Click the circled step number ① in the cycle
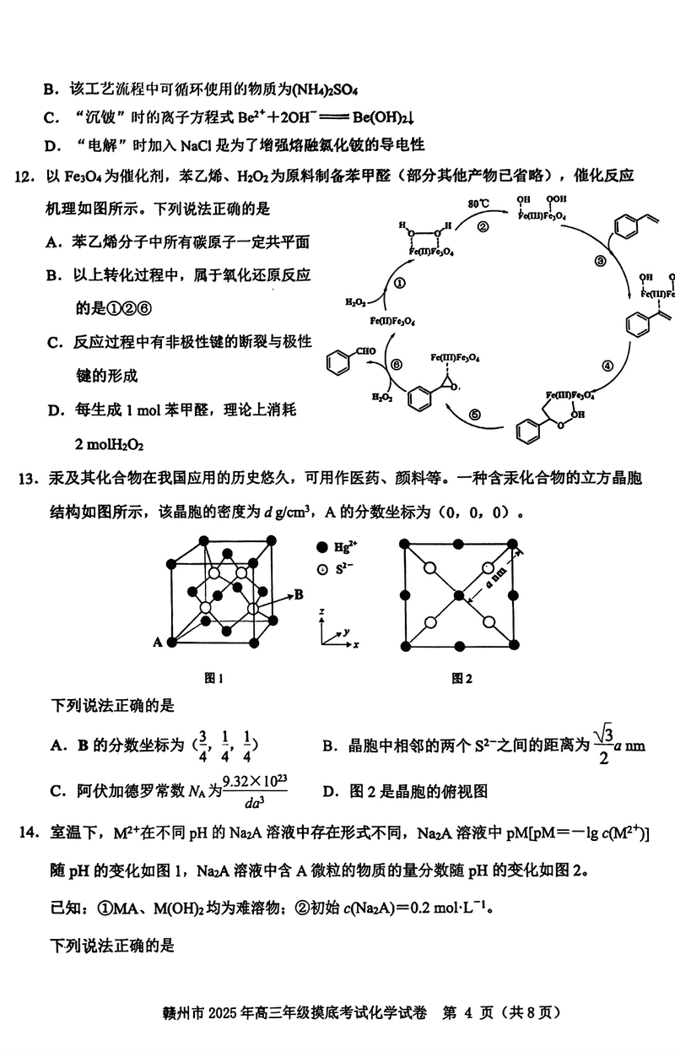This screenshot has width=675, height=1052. pos(399,285)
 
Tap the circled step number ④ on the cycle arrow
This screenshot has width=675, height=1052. pos(606,366)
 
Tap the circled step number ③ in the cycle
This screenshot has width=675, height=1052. pos(600,262)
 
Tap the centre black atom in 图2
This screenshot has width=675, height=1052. pos(458,595)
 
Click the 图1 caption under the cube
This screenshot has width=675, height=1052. pos(213,676)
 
